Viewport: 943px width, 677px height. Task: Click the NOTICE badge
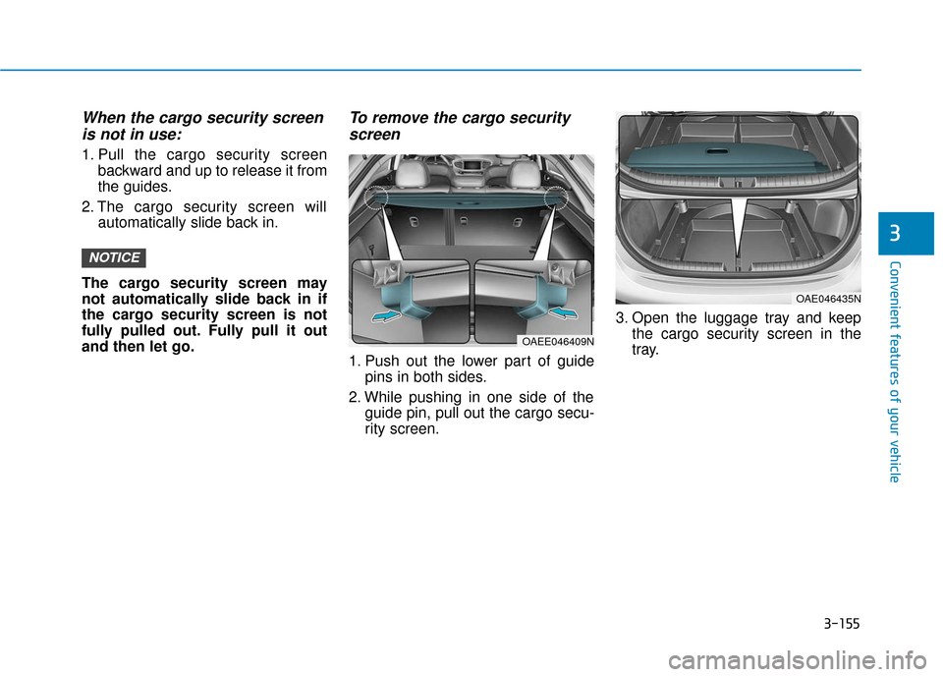[114, 257]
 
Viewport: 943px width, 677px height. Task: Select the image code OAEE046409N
[556, 341]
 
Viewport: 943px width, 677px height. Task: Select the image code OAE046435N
[827, 298]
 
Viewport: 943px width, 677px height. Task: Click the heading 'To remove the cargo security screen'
[460, 126]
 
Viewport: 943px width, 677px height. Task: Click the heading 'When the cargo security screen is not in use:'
[202, 126]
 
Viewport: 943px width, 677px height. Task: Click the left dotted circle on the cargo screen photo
[373, 197]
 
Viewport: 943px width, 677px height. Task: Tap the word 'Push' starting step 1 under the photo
[381, 361]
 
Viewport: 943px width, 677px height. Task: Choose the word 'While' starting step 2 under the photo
[384, 396]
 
